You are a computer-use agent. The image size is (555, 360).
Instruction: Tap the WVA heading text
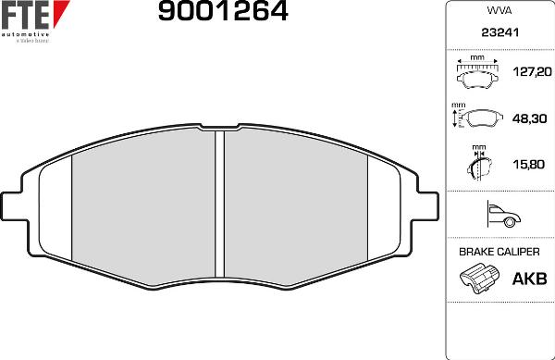[499, 11]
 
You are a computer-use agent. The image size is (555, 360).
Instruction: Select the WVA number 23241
[499, 31]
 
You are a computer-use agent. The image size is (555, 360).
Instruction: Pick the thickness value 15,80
[526, 167]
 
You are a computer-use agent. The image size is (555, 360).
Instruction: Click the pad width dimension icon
[477, 70]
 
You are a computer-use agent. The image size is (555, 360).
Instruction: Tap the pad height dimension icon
[477, 118]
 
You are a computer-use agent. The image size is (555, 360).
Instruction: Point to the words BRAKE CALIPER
[499, 252]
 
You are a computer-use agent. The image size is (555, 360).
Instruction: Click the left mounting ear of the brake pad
[14, 205]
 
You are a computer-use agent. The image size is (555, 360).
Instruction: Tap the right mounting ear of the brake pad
[426, 205]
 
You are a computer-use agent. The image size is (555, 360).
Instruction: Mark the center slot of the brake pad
[220, 204]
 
